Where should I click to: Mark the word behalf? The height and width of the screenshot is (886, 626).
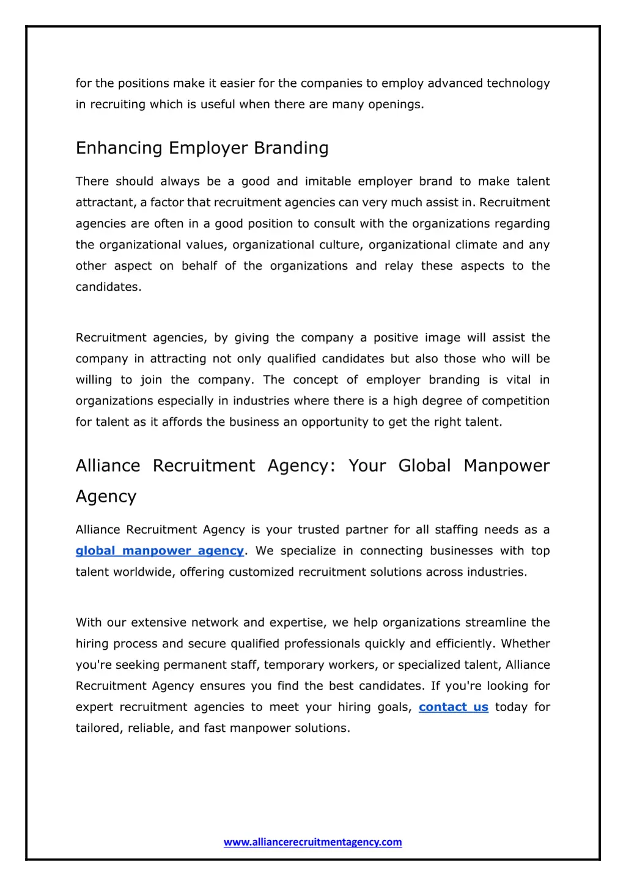(199, 266)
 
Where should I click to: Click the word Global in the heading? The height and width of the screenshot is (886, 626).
(424, 466)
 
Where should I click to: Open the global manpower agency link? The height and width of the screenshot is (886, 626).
(160, 551)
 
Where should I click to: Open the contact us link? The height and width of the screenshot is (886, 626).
(453, 707)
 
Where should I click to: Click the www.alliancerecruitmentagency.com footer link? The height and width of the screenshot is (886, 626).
(312, 842)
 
